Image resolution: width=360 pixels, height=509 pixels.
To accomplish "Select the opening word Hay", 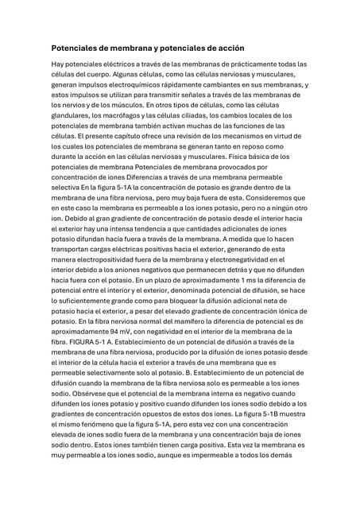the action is click(x=59, y=64).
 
